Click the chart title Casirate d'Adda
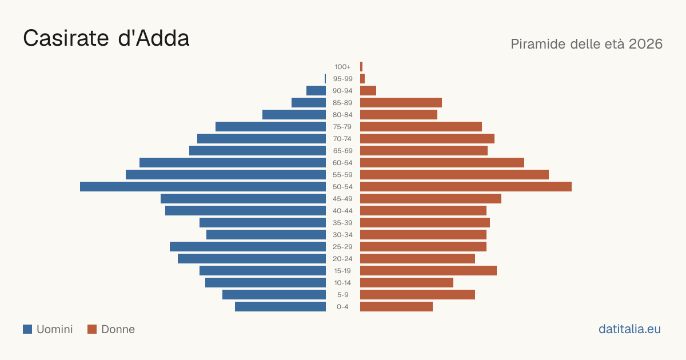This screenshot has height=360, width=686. point(106,38)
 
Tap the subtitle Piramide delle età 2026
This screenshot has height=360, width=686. point(587,44)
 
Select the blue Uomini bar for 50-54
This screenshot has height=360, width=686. point(203,187)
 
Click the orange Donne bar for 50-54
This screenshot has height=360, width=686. point(466,187)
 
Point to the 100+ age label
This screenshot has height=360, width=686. point(342,67)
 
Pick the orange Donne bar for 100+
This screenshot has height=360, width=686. point(361,67)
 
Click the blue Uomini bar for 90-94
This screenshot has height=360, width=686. point(316,91)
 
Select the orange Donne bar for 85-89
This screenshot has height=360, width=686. point(401,102)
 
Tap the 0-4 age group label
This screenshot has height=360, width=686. point(342,307)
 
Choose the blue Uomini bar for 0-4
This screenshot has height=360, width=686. point(280,307)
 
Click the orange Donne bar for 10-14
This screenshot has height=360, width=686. point(406,282)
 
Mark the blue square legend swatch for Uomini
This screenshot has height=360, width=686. point(27,329)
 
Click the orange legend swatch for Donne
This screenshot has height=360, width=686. point(92,329)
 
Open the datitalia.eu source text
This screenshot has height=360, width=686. point(629,329)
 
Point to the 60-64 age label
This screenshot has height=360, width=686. point(342,162)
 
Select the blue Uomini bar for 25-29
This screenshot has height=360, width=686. point(248,247)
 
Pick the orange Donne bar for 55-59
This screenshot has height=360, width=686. point(454,175)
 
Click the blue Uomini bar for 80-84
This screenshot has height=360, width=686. point(294,115)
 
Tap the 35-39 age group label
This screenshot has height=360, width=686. point(342,222)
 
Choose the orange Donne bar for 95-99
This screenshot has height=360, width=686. point(362,79)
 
